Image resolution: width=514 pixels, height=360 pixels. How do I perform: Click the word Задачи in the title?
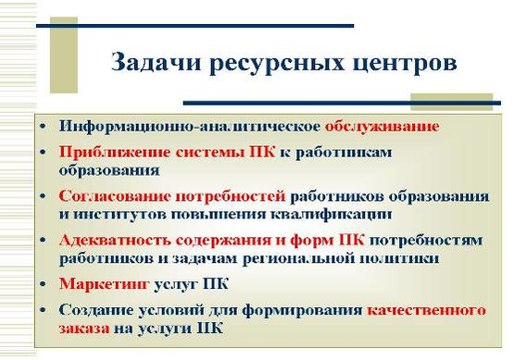156,62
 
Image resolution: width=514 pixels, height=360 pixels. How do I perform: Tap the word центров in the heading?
405,64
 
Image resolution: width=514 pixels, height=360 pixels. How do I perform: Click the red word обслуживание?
382,127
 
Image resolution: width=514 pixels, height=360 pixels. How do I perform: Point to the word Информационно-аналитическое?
190,127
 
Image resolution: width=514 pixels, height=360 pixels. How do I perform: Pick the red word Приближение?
115,153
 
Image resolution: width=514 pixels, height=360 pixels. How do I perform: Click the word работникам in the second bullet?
344,154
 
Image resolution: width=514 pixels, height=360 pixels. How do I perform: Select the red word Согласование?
115,196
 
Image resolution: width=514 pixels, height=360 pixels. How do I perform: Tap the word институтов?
120,215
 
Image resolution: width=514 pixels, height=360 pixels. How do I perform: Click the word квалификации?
332,215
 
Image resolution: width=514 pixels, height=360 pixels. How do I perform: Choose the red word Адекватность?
115,240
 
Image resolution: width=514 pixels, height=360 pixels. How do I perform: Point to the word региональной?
298,258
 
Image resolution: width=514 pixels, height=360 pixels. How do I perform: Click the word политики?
399,258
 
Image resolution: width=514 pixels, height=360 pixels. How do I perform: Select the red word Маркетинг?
105,284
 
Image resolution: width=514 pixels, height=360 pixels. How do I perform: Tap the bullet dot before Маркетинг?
43,284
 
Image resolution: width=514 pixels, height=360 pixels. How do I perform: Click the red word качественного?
426,310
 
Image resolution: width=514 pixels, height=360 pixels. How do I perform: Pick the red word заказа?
84,329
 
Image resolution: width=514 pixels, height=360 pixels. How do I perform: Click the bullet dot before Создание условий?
43,310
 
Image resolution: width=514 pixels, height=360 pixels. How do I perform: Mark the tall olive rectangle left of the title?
64,55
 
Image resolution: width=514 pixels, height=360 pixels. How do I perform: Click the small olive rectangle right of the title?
452,102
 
